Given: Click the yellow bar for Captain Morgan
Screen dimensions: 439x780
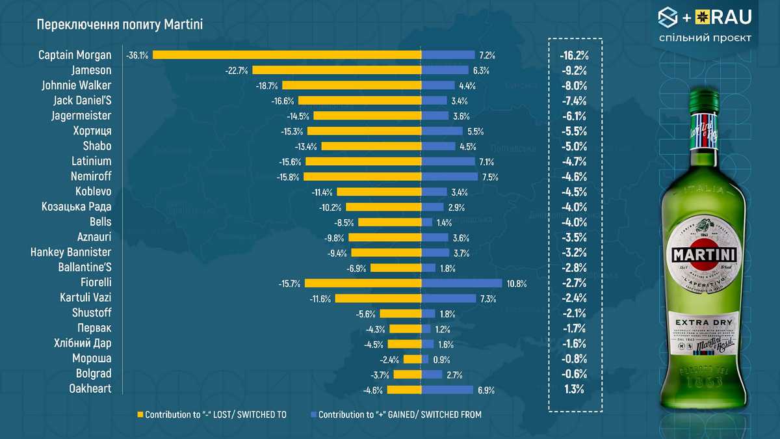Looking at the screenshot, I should pyautogui.click(x=286, y=55).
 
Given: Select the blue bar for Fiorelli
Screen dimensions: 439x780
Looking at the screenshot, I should pyautogui.click(x=461, y=283).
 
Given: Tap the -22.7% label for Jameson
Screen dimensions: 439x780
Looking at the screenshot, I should pyautogui.click(x=237, y=70).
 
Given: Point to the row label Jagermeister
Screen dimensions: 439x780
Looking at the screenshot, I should pyautogui.click(x=81, y=116).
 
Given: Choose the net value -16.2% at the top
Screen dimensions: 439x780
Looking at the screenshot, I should pyautogui.click(x=573, y=55).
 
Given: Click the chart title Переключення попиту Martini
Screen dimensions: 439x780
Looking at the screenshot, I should pyautogui.click(x=120, y=25).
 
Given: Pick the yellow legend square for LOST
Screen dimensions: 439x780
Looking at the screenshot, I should pyautogui.click(x=139, y=414).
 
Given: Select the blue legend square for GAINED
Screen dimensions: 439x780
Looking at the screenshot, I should pyautogui.click(x=313, y=414).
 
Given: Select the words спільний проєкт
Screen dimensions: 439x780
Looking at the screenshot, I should pyautogui.click(x=705, y=38).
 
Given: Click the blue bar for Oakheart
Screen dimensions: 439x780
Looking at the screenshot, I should pyautogui.click(x=447, y=390).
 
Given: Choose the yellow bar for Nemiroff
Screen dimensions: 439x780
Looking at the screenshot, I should pyautogui.click(x=362, y=177).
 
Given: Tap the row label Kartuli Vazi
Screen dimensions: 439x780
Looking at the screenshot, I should pyautogui.click(x=84, y=298).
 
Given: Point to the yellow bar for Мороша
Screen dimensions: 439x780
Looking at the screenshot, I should pyautogui.click(x=412, y=359).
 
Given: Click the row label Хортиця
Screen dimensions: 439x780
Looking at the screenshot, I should pyautogui.click(x=91, y=131).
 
